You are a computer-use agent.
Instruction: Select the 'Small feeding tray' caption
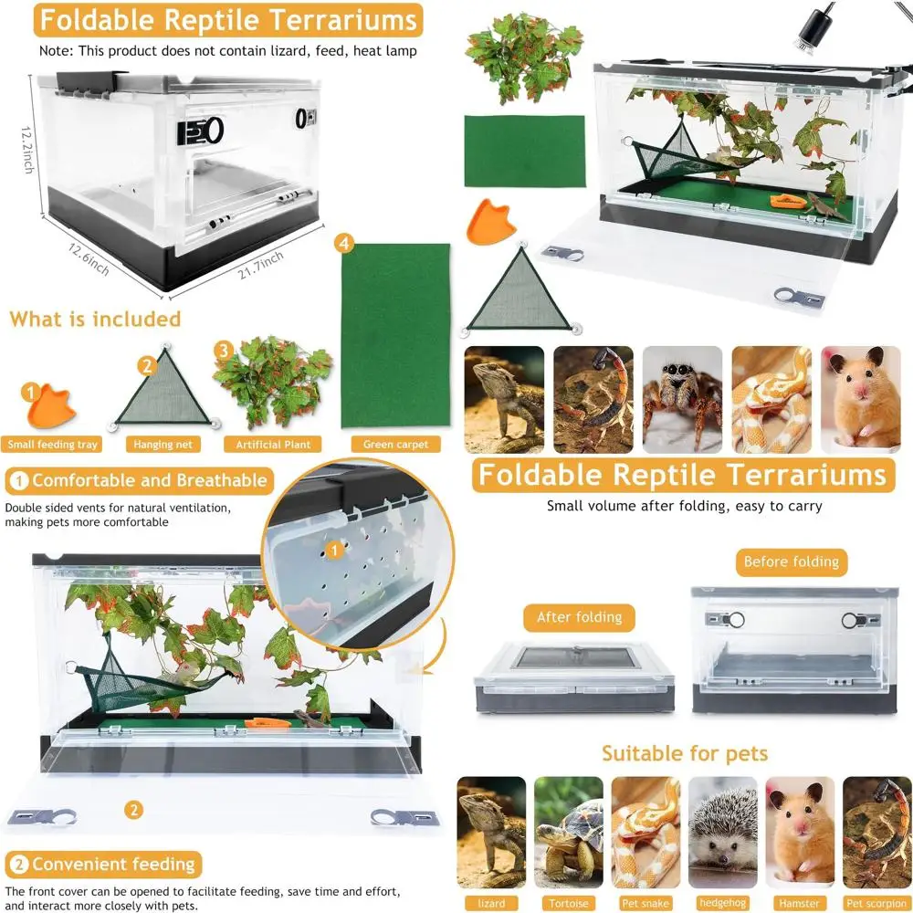[x=53, y=445]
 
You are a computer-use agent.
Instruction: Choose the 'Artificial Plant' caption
[x=273, y=445]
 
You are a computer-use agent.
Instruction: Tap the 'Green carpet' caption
[x=395, y=445]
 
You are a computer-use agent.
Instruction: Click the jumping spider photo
[x=682, y=399]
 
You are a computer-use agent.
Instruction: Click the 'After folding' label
[x=579, y=617]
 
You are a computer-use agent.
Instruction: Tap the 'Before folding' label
[x=791, y=561]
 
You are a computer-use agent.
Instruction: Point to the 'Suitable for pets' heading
[x=684, y=753]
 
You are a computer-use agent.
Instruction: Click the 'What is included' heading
[x=96, y=319]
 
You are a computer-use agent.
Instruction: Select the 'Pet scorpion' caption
[x=876, y=904]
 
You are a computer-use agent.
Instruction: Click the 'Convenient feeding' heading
[x=103, y=864]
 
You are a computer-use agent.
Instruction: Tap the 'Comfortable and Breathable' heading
[x=139, y=480]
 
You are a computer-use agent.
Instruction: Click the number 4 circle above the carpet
[x=343, y=244]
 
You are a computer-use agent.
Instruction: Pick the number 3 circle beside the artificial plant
[x=222, y=350]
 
